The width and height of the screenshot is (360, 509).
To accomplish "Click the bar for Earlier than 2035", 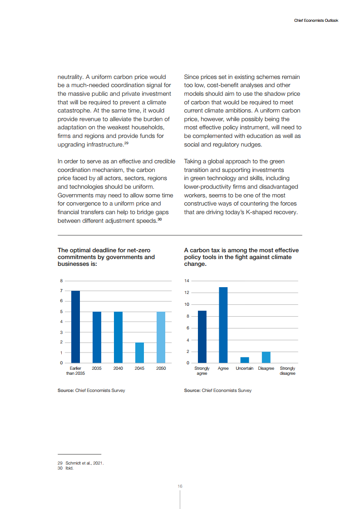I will click(76, 327).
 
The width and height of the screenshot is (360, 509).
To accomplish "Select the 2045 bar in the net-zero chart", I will click(139, 352).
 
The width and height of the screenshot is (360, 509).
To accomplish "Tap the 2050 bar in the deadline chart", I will click(161, 337).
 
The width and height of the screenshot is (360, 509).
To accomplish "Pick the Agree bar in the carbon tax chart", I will click(223, 325).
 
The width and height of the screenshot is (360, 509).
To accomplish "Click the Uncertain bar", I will click(245, 360).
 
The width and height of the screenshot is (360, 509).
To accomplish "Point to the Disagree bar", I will click(266, 357).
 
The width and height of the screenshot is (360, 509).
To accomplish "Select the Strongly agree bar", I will click(202, 337).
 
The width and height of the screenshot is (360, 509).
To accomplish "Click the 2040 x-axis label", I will click(118, 368).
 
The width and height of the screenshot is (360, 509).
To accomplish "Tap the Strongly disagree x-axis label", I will click(287, 371).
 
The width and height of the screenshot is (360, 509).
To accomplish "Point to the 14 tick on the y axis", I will click(187, 281).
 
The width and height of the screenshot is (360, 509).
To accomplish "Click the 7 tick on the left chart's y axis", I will click(61, 291).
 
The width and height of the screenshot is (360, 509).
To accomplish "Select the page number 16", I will click(180, 486).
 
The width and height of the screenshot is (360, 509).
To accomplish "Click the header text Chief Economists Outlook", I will click(316, 20).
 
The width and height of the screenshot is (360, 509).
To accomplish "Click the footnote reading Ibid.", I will click(69, 468).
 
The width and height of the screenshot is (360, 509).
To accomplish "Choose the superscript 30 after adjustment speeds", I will click(160, 219).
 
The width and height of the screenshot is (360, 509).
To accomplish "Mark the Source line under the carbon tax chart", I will click(217, 391).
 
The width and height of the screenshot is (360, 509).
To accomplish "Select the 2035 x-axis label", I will click(97, 368).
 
